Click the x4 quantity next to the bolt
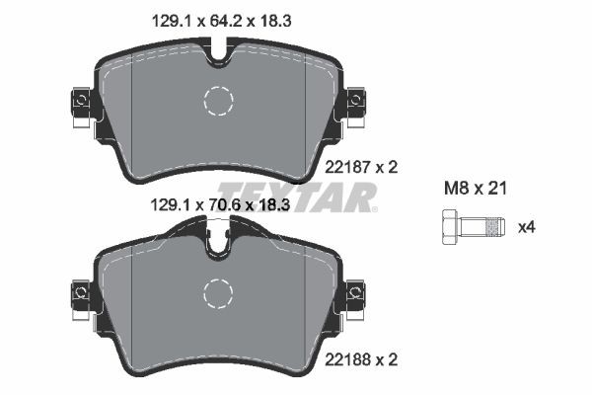528,228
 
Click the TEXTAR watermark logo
297,196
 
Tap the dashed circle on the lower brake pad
217,292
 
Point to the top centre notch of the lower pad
218,240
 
